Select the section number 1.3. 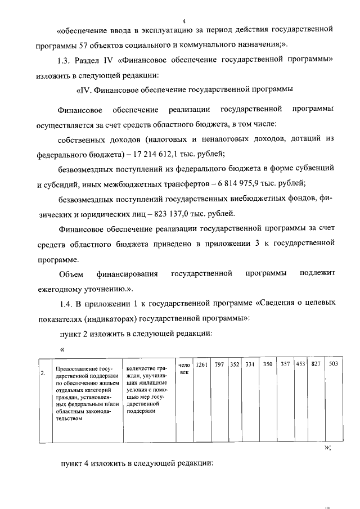[x=66, y=60]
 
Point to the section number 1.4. [x=66, y=304]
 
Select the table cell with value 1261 [x=201, y=365]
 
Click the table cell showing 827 [x=316, y=365]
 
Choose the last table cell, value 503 [x=333, y=365]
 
